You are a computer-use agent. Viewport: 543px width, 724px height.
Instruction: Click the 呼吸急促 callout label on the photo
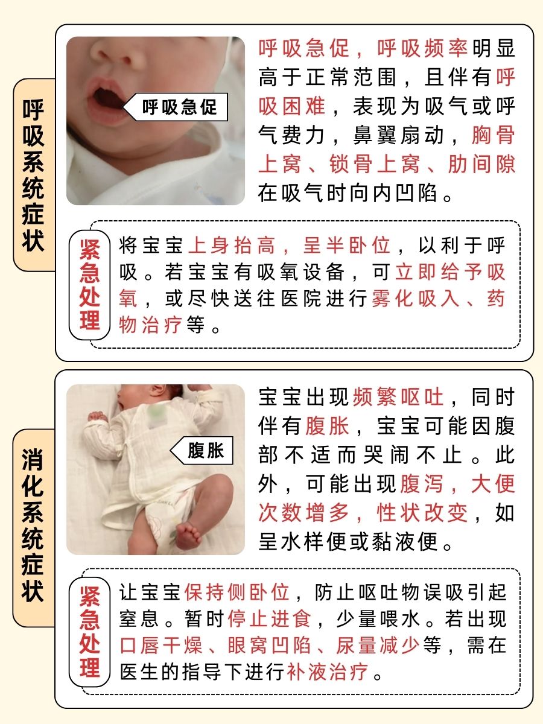click(179, 108)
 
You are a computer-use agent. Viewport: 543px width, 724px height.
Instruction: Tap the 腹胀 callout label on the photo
click(205, 450)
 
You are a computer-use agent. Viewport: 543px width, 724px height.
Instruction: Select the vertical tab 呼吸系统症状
click(34, 175)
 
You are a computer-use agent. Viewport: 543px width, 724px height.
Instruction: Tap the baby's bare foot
click(188, 535)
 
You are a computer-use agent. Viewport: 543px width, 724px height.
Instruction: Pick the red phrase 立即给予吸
click(450, 273)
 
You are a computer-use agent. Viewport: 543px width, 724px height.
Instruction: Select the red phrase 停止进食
click(269, 619)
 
